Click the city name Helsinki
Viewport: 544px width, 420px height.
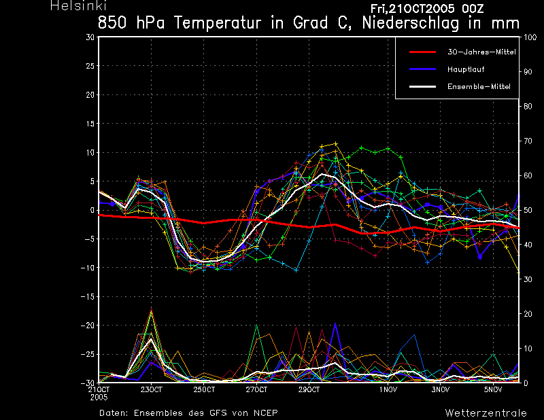[78, 5]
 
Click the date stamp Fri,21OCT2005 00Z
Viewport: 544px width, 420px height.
[427, 9]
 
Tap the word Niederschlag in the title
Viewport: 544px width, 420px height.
[411, 23]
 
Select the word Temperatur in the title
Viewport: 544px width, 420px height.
[217, 23]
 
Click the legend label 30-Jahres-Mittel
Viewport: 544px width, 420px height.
[481, 52]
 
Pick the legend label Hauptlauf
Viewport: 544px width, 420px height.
[466, 69]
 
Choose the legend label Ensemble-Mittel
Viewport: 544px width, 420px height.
[479, 87]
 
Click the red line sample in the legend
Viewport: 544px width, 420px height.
[422, 52]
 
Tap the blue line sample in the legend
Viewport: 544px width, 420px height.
[422, 69]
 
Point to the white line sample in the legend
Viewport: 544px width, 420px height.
[422, 87]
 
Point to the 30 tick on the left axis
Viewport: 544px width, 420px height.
[90, 37]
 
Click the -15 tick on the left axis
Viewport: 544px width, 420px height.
[88, 297]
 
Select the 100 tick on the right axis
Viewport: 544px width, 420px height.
[530, 37]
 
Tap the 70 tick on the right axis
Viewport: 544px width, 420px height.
[528, 141]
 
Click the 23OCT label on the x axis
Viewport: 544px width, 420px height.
[151, 390]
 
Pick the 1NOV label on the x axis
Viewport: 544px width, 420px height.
[388, 390]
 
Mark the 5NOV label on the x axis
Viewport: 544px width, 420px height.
[493, 390]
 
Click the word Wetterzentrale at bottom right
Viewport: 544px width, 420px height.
[486, 413]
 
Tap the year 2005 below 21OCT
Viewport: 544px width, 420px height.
[99, 398]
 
